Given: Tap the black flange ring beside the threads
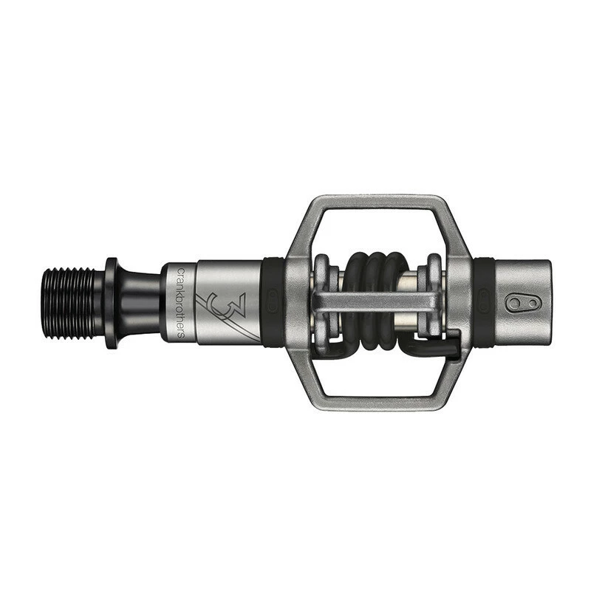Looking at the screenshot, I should (112, 303).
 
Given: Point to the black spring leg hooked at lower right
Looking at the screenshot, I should (443, 341).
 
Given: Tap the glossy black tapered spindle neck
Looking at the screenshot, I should (140, 303).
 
